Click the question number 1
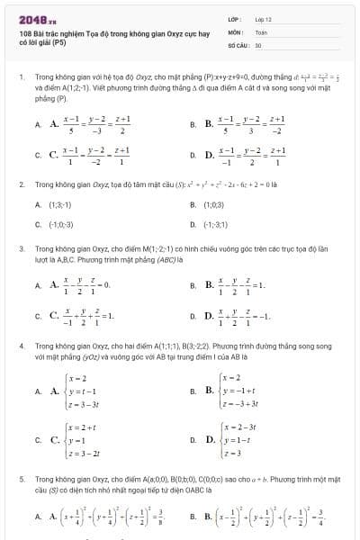21,78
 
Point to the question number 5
21,481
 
